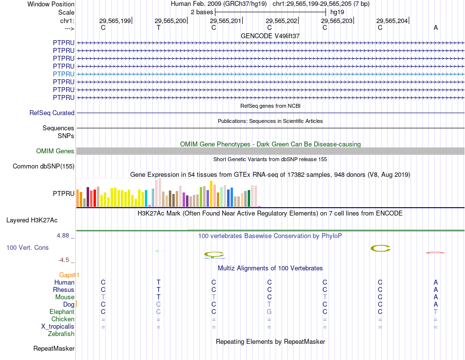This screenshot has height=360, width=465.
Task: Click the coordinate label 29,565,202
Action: pos(281,21)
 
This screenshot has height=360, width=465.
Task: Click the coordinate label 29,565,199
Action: pos(115,21)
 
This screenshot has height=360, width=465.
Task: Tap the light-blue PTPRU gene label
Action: pos(64,74)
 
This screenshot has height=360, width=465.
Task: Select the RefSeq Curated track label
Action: pos(52,113)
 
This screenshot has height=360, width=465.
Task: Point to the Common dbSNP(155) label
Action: pos(44,167)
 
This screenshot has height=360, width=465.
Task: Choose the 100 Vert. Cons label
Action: pos(27,248)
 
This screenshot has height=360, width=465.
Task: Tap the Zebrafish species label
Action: pos(61,334)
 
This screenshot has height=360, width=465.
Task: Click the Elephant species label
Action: pos(62,312)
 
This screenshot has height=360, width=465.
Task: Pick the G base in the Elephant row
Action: pos(269,312)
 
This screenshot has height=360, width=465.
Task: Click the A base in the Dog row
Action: pos(436,305)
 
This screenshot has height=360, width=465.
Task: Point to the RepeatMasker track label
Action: pos(54,349)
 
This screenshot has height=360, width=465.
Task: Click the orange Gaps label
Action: pos(69,275)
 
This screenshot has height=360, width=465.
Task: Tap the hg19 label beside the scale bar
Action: pos(337,12)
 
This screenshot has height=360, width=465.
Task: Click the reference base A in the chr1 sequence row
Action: pos(436,28)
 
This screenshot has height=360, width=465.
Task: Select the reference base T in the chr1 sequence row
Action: pos(158,28)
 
